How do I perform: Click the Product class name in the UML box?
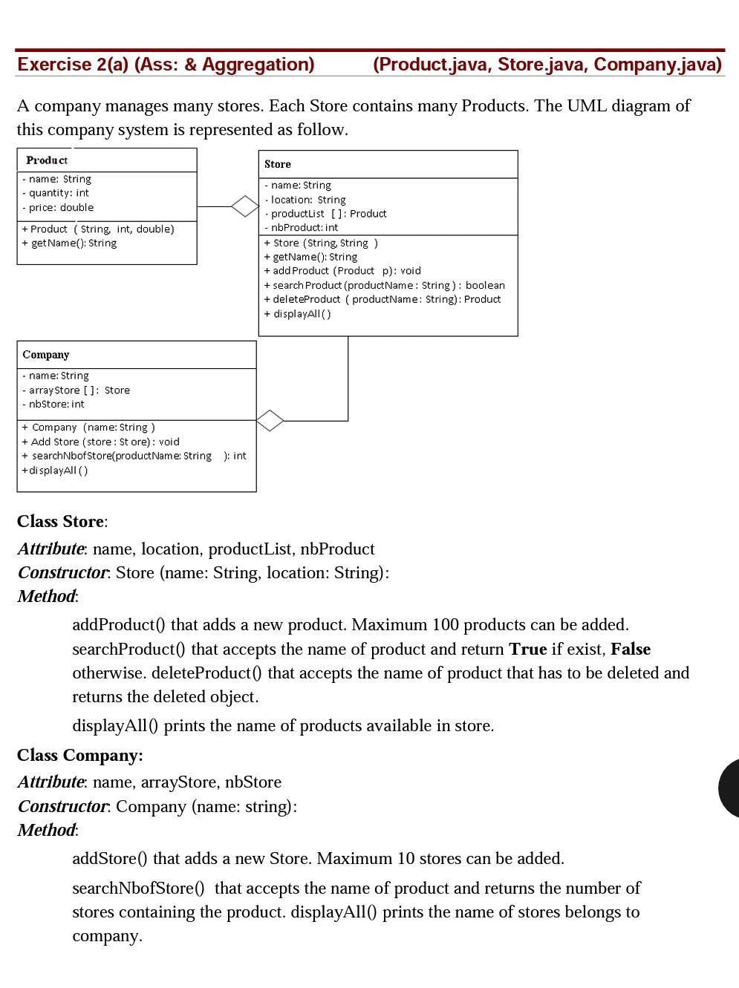click(x=47, y=160)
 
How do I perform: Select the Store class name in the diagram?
click(x=278, y=164)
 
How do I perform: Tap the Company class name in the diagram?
click(x=46, y=355)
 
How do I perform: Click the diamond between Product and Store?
click(x=244, y=206)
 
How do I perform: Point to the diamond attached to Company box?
click(x=270, y=421)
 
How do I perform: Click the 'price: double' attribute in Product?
click(x=58, y=208)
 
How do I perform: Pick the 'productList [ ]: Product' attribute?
click(x=326, y=214)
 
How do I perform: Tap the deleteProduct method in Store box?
click(x=382, y=299)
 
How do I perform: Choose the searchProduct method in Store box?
click(x=384, y=285)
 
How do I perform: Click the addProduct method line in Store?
click(x=342, y=271)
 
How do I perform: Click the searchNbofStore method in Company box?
click(x=134, y=456)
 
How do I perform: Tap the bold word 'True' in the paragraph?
click(x=527, y=650)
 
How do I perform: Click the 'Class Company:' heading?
click(x=80, y=756)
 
